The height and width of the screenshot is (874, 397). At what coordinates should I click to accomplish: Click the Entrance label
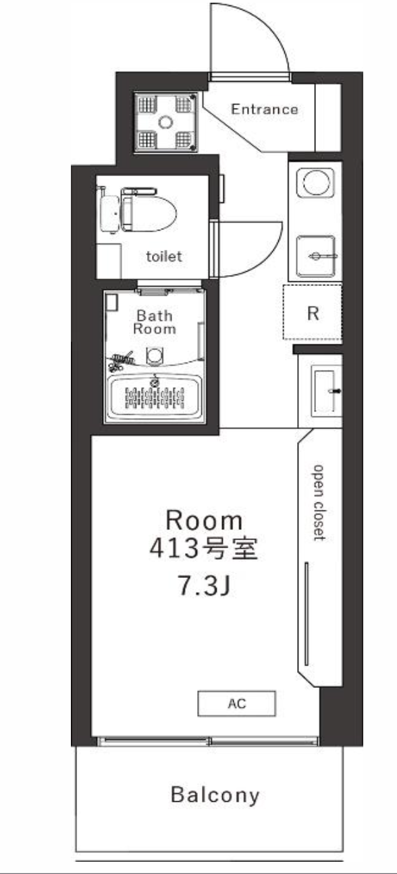click(265, 109)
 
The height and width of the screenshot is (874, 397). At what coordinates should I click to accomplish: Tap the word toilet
click(164, 256)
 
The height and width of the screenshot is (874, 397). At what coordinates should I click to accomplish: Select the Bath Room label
click(155, 322)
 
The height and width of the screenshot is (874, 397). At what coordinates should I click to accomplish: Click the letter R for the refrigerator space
click(313, 314)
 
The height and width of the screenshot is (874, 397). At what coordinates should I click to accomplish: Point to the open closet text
click(319, 503)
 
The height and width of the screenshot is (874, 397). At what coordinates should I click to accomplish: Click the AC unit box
click(237, 703)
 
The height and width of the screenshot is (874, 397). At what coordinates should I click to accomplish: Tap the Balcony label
click(215, 795)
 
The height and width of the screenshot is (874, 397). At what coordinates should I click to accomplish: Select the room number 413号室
click(204, 548)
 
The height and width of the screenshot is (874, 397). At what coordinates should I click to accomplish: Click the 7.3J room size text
click(204, 585)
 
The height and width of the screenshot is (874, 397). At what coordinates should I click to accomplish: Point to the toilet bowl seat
click(149, 213)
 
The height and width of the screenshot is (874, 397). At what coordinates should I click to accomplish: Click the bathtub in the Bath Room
click(155, 398)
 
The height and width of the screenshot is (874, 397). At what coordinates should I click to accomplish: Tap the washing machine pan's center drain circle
click(165, 123)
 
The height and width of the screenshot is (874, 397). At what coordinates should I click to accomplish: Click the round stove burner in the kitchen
click(315, 182)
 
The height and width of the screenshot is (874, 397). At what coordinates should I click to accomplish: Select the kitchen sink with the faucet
click(316, 256)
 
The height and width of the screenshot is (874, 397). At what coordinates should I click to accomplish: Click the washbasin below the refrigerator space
click(323, 390)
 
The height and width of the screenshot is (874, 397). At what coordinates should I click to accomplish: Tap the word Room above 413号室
click(204, 521)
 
